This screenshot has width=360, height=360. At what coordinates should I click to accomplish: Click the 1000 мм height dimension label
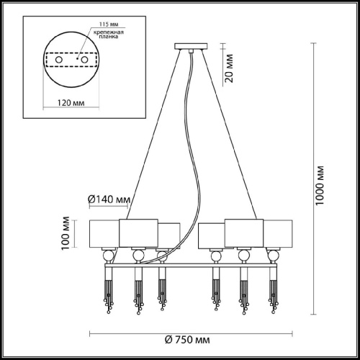click(x=320, y=185)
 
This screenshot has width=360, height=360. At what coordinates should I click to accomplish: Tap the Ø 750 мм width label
click(x=187, y=340)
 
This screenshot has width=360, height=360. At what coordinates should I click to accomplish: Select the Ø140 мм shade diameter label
click(x=109, y=199)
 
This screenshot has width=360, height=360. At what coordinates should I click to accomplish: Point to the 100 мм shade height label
click(x=66, y=233)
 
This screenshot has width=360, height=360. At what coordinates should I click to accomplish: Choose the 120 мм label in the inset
click(x=71, y=103)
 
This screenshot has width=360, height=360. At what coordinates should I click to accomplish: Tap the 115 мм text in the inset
click(x=109, y=24)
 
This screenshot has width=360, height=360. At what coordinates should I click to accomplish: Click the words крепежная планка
click(x=109, y=35)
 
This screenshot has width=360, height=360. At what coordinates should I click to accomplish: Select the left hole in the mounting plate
click(x=59, y=60)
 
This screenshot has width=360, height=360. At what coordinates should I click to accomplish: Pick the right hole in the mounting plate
click(x=84, y=60)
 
